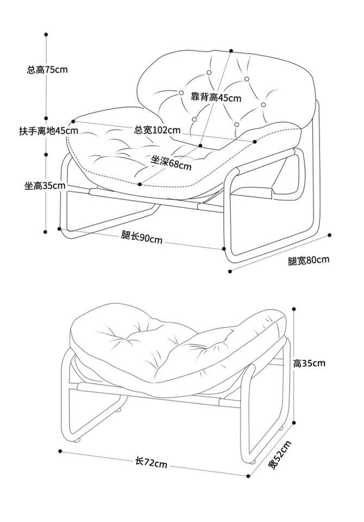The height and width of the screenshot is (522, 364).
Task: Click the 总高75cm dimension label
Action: (x=47, y=70)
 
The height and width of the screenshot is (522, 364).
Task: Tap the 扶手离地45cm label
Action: (x=48, y=131)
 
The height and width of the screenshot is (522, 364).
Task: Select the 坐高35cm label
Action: (x=45, y=186)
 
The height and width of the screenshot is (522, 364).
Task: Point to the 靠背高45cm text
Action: (x=216, y=98)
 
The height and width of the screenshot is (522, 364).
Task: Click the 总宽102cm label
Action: (x=158, y=130)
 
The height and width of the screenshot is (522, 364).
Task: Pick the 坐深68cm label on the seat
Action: (x=171, y=162)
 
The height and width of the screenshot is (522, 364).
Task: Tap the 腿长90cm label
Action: (x=142, y=237)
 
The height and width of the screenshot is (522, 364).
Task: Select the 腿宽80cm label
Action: (x=309, y=260)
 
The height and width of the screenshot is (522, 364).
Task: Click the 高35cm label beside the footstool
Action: (x=309, y=363)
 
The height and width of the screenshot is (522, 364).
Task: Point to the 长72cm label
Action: (x=151, y=463)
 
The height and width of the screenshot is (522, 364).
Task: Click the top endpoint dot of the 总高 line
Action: (x=47, y=34)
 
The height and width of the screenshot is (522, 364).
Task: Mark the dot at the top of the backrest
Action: (x=231, y=51)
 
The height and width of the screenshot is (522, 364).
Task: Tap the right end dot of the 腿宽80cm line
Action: (x=330, y=235)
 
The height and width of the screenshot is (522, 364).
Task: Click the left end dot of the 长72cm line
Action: (x=60, y=451)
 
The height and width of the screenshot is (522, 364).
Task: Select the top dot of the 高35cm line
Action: (x=294, y=309)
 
